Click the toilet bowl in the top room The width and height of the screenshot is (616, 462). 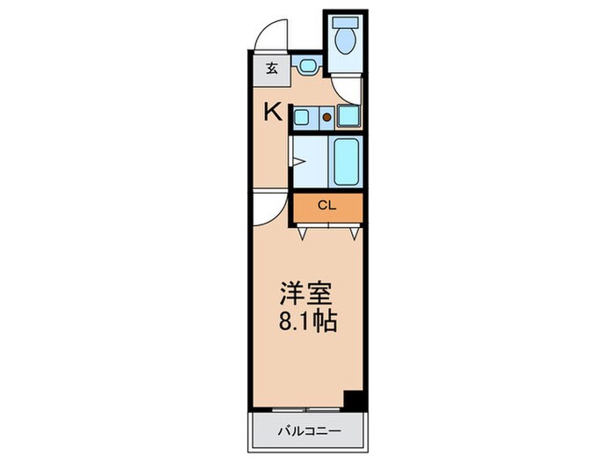pos(346,41)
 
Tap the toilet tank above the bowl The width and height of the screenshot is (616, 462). pos(346,21)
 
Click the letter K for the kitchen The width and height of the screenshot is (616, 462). pos(274,112)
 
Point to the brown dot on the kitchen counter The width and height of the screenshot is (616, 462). pos(326,115)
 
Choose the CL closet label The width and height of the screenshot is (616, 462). pos(326,207)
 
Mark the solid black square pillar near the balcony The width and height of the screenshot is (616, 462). pos(354,399)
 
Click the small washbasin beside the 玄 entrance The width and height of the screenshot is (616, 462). pos(307,65)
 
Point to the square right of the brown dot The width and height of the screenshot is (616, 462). pos(348,115)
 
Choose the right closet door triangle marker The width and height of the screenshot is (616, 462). pos(354,233)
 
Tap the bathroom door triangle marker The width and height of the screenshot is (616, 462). pos(298,161)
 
